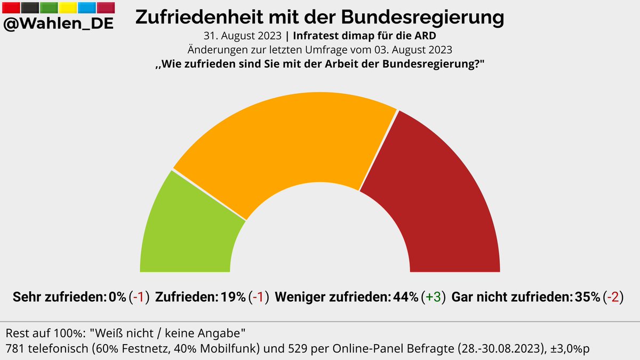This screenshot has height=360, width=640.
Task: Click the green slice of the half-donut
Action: [x=187, y=229]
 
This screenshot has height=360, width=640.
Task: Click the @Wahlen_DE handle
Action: [x=59, y=24]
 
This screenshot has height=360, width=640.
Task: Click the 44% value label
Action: [x=405, y=297]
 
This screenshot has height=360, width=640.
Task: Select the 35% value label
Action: [x=587, y=297]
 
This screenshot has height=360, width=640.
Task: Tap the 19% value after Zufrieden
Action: [x=233, y=297]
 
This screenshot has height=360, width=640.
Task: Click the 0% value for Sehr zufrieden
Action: [x=117, y=297]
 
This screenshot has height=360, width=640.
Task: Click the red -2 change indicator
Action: [x=614, y=297]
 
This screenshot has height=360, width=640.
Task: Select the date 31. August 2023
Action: [x=243, y=37]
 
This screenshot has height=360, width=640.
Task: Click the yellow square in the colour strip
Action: [x=68, y=7]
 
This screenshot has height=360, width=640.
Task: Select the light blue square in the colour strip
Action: [x=87, y=7]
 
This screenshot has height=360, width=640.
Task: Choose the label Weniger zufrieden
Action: [x=333, y=297]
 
